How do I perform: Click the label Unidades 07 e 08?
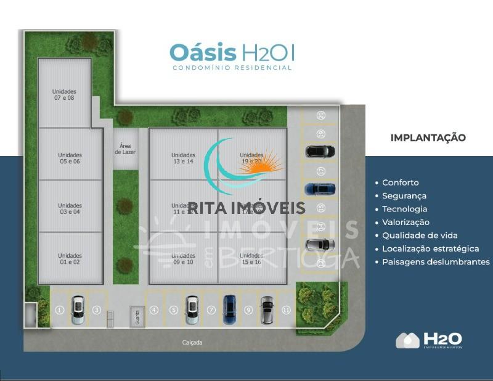[x=64, y=94]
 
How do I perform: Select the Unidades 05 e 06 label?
[x=70, y=158]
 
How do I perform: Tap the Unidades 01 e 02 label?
[x=70, y=258]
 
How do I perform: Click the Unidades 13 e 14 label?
[x=183, y=158]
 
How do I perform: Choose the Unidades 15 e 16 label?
[x=252, y=258]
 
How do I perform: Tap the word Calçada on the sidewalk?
[x=192, y=342]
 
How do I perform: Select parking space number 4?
[x=154, y=310]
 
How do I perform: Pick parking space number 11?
[x=286, y=310]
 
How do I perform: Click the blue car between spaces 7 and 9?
[x=229, y=309]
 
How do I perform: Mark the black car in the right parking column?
[x=320, y=151]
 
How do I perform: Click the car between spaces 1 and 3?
[x=78, y=310]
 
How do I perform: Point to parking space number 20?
[x=320, y=115]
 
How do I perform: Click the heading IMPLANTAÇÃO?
[x=428, y=137]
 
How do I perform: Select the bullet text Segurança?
[x=404, y=196]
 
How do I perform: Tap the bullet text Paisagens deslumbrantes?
[x=436, y=262]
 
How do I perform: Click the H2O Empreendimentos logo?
[x=430, y=340]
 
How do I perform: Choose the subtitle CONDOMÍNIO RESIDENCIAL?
[x=232, y=68]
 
